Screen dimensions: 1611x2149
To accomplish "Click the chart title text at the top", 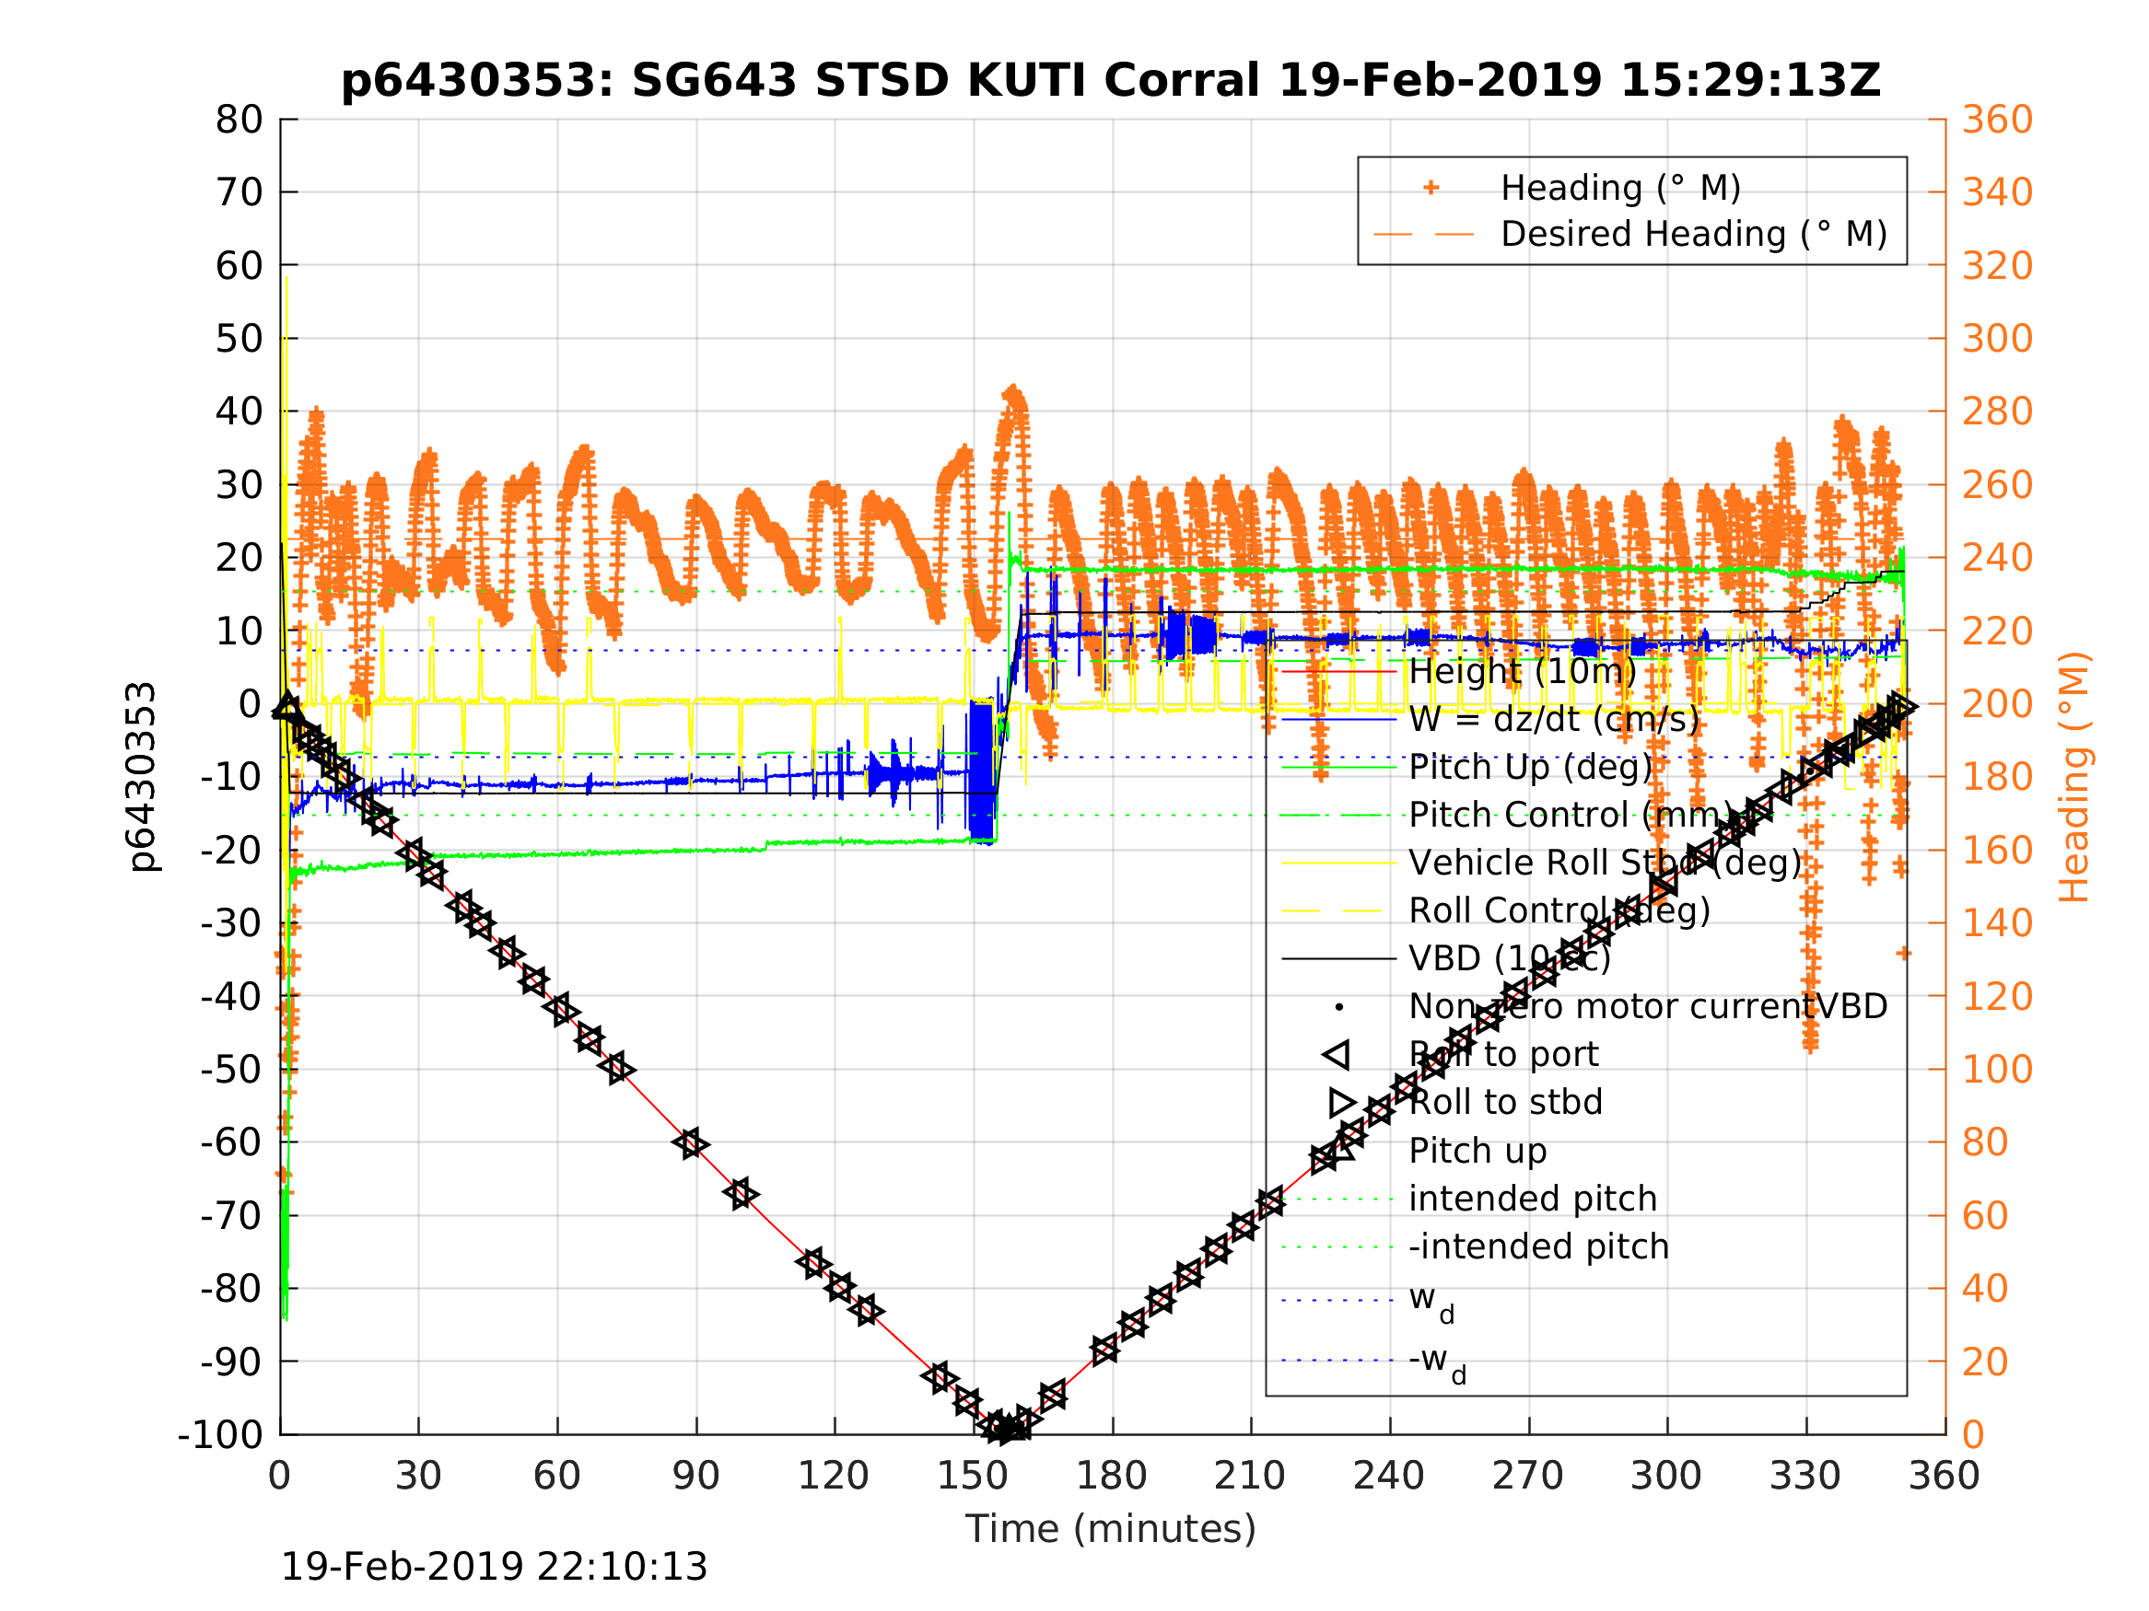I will point(1111,81).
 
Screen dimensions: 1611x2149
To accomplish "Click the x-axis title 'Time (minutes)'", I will point(1111,1528).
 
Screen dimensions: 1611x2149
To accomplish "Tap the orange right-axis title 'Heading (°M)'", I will point(2073,777).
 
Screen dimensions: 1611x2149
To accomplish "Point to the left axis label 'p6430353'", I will point(143,777).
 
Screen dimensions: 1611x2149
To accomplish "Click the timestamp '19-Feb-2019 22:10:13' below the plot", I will point(494,1568).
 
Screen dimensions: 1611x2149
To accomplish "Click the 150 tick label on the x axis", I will point(973,1476).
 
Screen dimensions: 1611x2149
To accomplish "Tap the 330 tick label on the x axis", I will point(1805,1476).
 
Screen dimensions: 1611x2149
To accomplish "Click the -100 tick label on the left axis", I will point(220,1434).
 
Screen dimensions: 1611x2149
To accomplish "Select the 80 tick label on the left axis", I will point(239,120).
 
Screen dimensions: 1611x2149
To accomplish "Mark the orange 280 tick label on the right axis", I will point(1997,411).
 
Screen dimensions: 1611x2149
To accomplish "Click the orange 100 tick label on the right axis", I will point(1997,1069).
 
